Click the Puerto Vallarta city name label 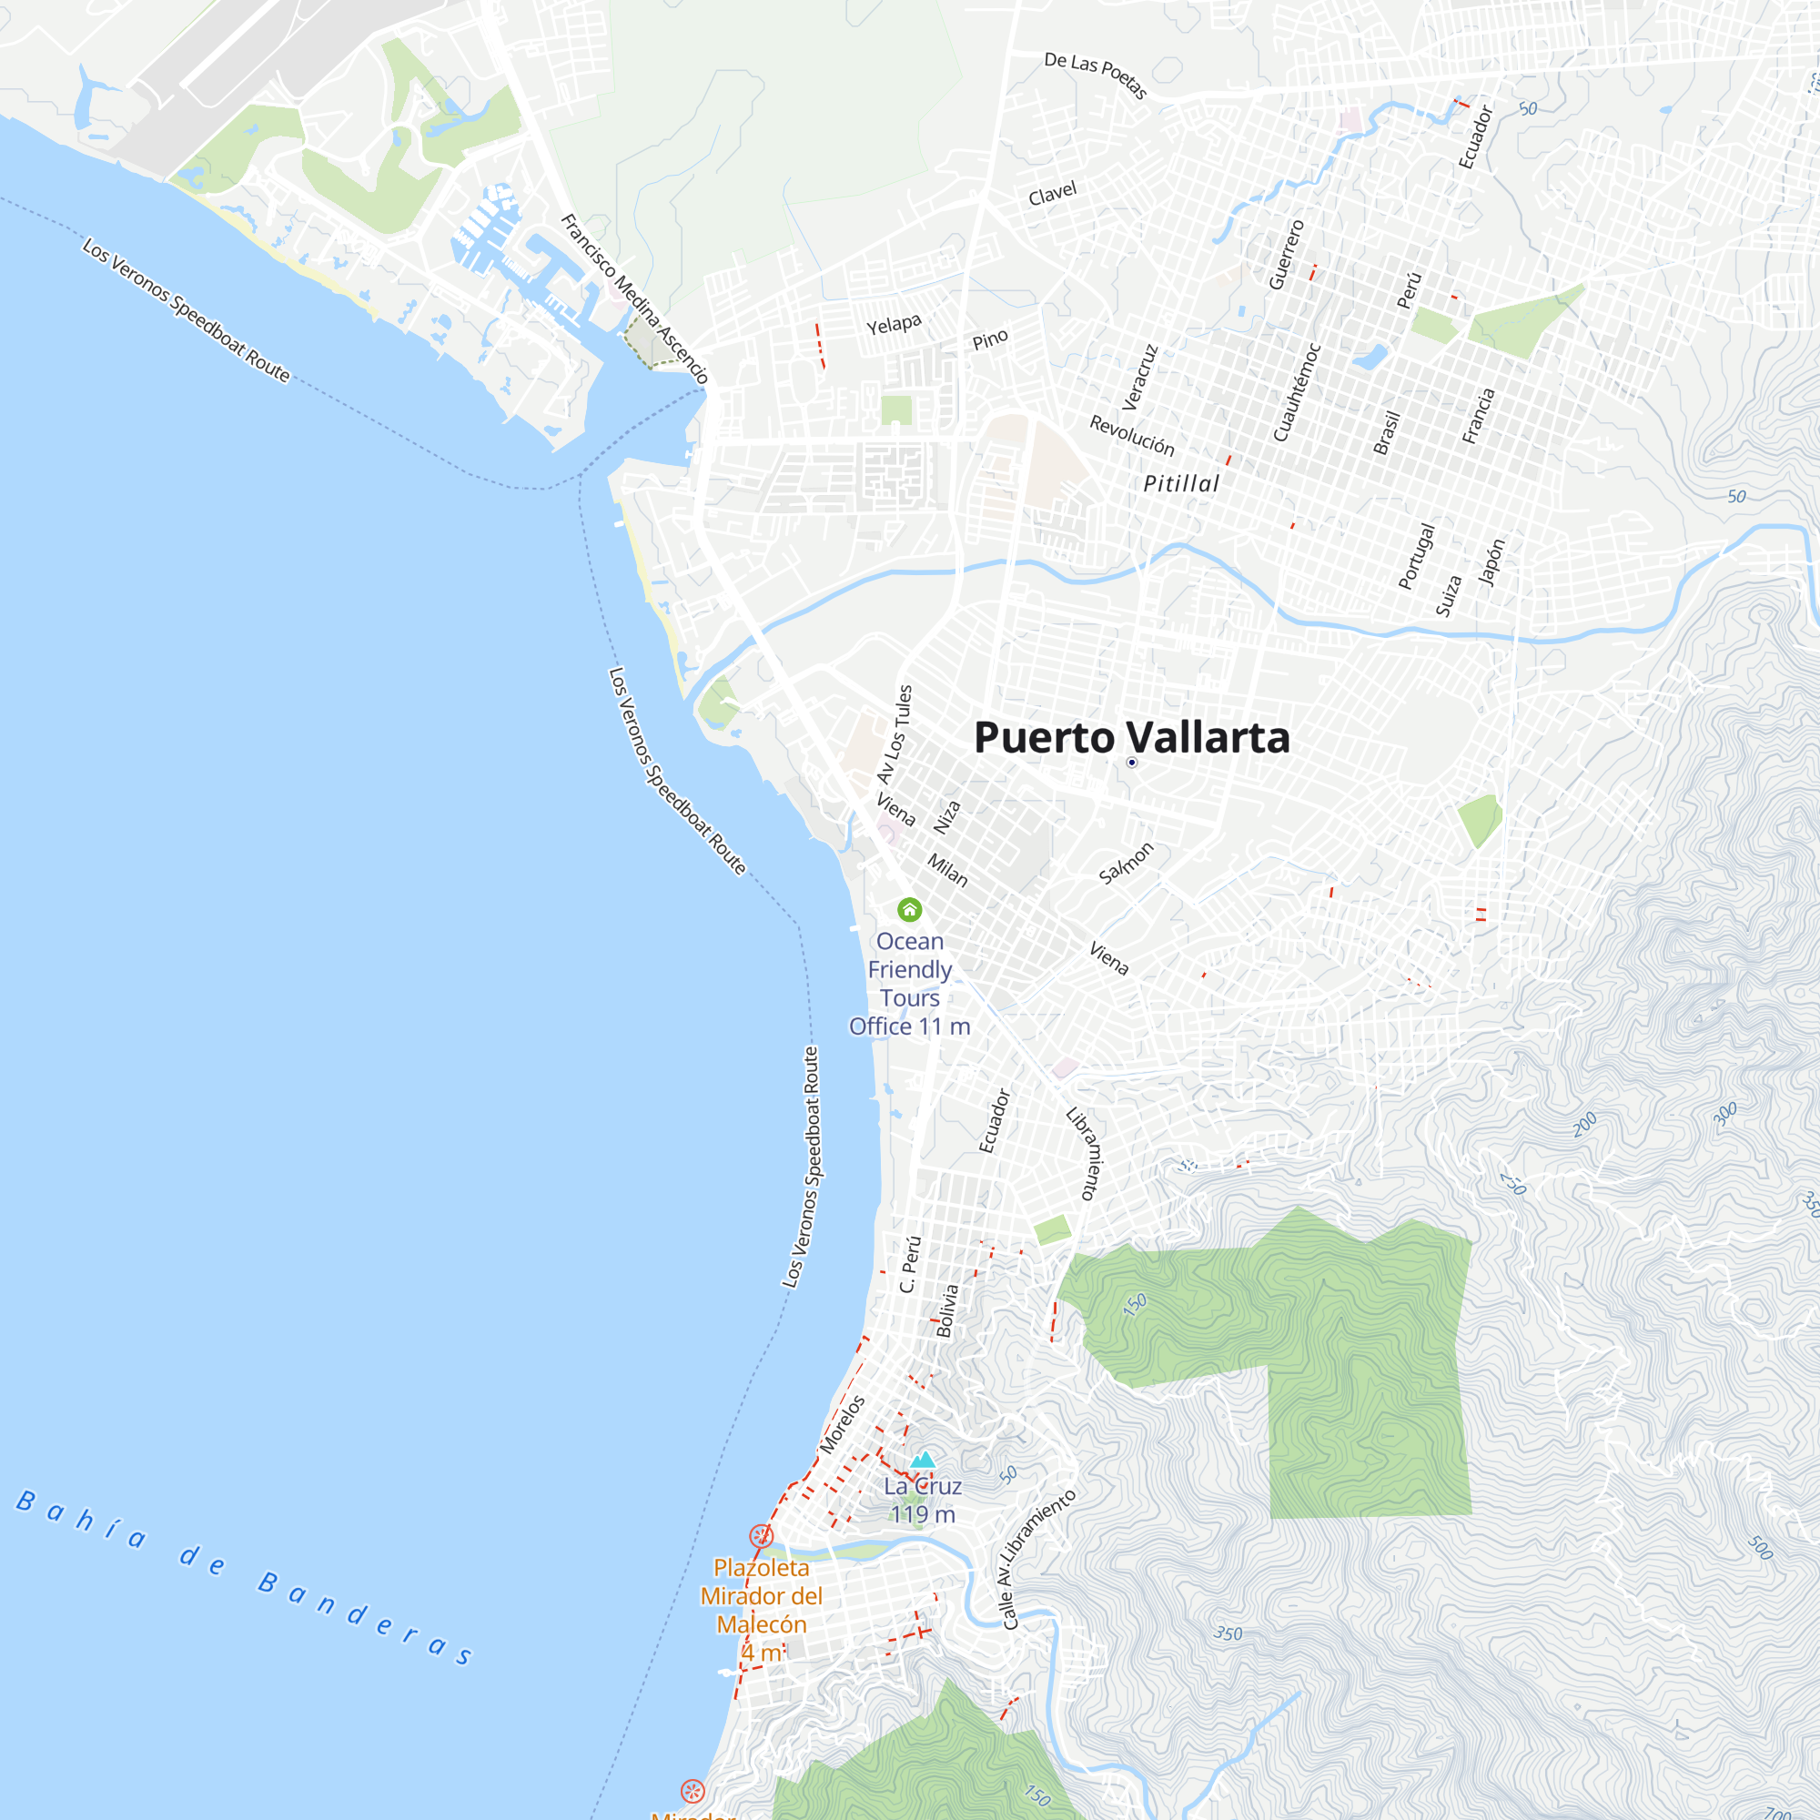[1131, 738]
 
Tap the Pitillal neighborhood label [1181, 483]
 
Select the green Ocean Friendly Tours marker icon [909, 909]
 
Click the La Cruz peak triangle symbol [923, 1461]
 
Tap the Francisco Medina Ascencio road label [634, 298]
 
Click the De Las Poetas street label [1096, 75]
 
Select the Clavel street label [1052, 193]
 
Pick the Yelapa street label [894, 324]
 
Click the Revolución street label [1132, 435]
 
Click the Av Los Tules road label [895, 733]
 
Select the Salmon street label [1126, 863]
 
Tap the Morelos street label [841, 1424]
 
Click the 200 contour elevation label [1584, 1124]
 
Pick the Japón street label [1492, 562]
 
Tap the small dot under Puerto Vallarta [1132, 762]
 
